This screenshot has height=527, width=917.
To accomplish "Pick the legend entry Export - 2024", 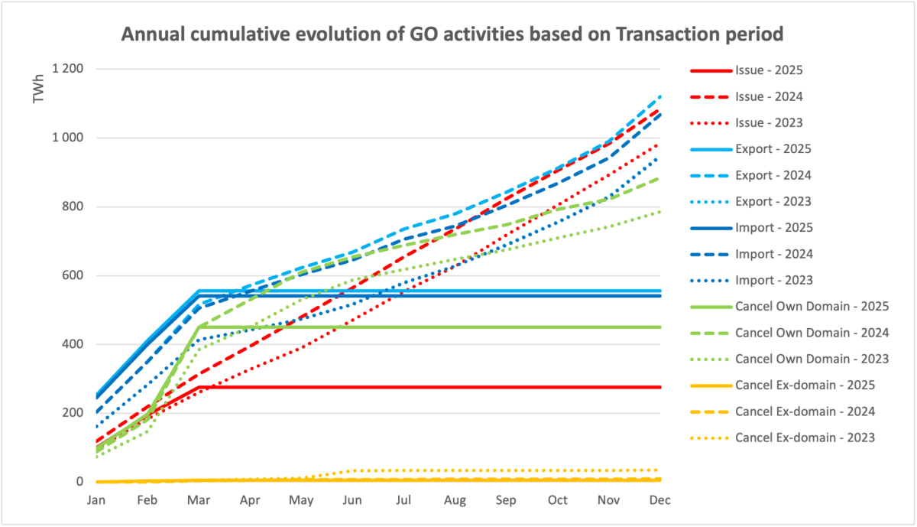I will point(773,175).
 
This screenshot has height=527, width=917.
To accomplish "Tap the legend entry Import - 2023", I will point(773,280).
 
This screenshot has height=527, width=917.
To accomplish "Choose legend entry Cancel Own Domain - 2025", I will point(812,306).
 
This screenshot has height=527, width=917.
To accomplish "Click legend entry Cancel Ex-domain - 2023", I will point(805,438).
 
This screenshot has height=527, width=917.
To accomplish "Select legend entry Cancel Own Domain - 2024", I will point(812,333).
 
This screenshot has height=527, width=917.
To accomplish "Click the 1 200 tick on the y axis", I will point(67,70).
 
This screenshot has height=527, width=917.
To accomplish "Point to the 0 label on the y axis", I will point(79,482).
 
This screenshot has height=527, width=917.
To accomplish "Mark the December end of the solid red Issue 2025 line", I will point(659,387).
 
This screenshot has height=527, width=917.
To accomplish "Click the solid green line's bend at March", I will point(199,327).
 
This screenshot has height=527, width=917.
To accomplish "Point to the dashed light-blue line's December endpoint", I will point(659,96).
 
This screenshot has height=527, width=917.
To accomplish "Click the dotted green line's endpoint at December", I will point(659,211).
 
